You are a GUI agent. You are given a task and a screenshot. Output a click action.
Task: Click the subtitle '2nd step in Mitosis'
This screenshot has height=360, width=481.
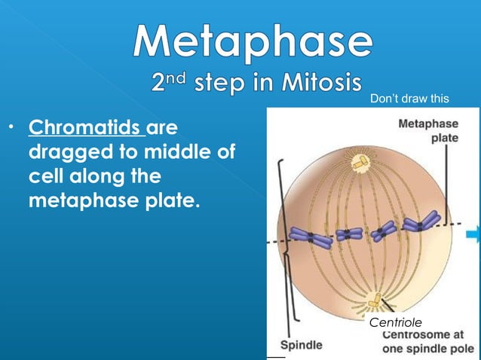252,84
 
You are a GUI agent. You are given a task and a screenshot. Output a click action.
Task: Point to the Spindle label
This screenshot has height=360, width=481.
302,344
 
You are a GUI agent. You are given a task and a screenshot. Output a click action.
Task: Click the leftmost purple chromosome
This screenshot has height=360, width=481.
308,238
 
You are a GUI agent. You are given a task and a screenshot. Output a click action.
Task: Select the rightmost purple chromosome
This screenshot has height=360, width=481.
421,222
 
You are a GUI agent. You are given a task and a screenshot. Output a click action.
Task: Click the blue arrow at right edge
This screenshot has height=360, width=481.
473,236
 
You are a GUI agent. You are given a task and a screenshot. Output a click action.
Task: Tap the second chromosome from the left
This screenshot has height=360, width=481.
349,235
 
